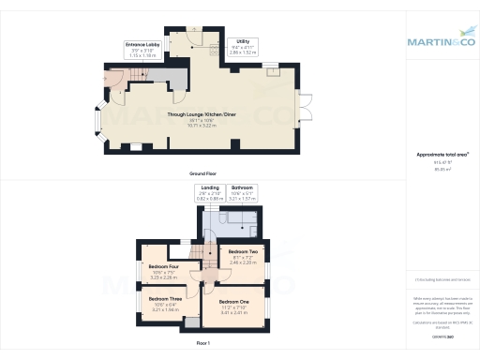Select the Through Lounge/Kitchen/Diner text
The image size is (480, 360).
[x=198, y=115]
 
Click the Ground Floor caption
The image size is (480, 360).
[x=198, y=175]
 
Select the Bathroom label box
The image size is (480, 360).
[x=244, y=195]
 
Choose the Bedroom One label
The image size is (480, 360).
[x=234, y=301]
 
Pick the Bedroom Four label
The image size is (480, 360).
[x=164, y=267]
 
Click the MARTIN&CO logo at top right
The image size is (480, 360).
[x=441, y=41]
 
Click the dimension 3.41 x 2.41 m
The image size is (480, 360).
[x=234, y=311]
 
